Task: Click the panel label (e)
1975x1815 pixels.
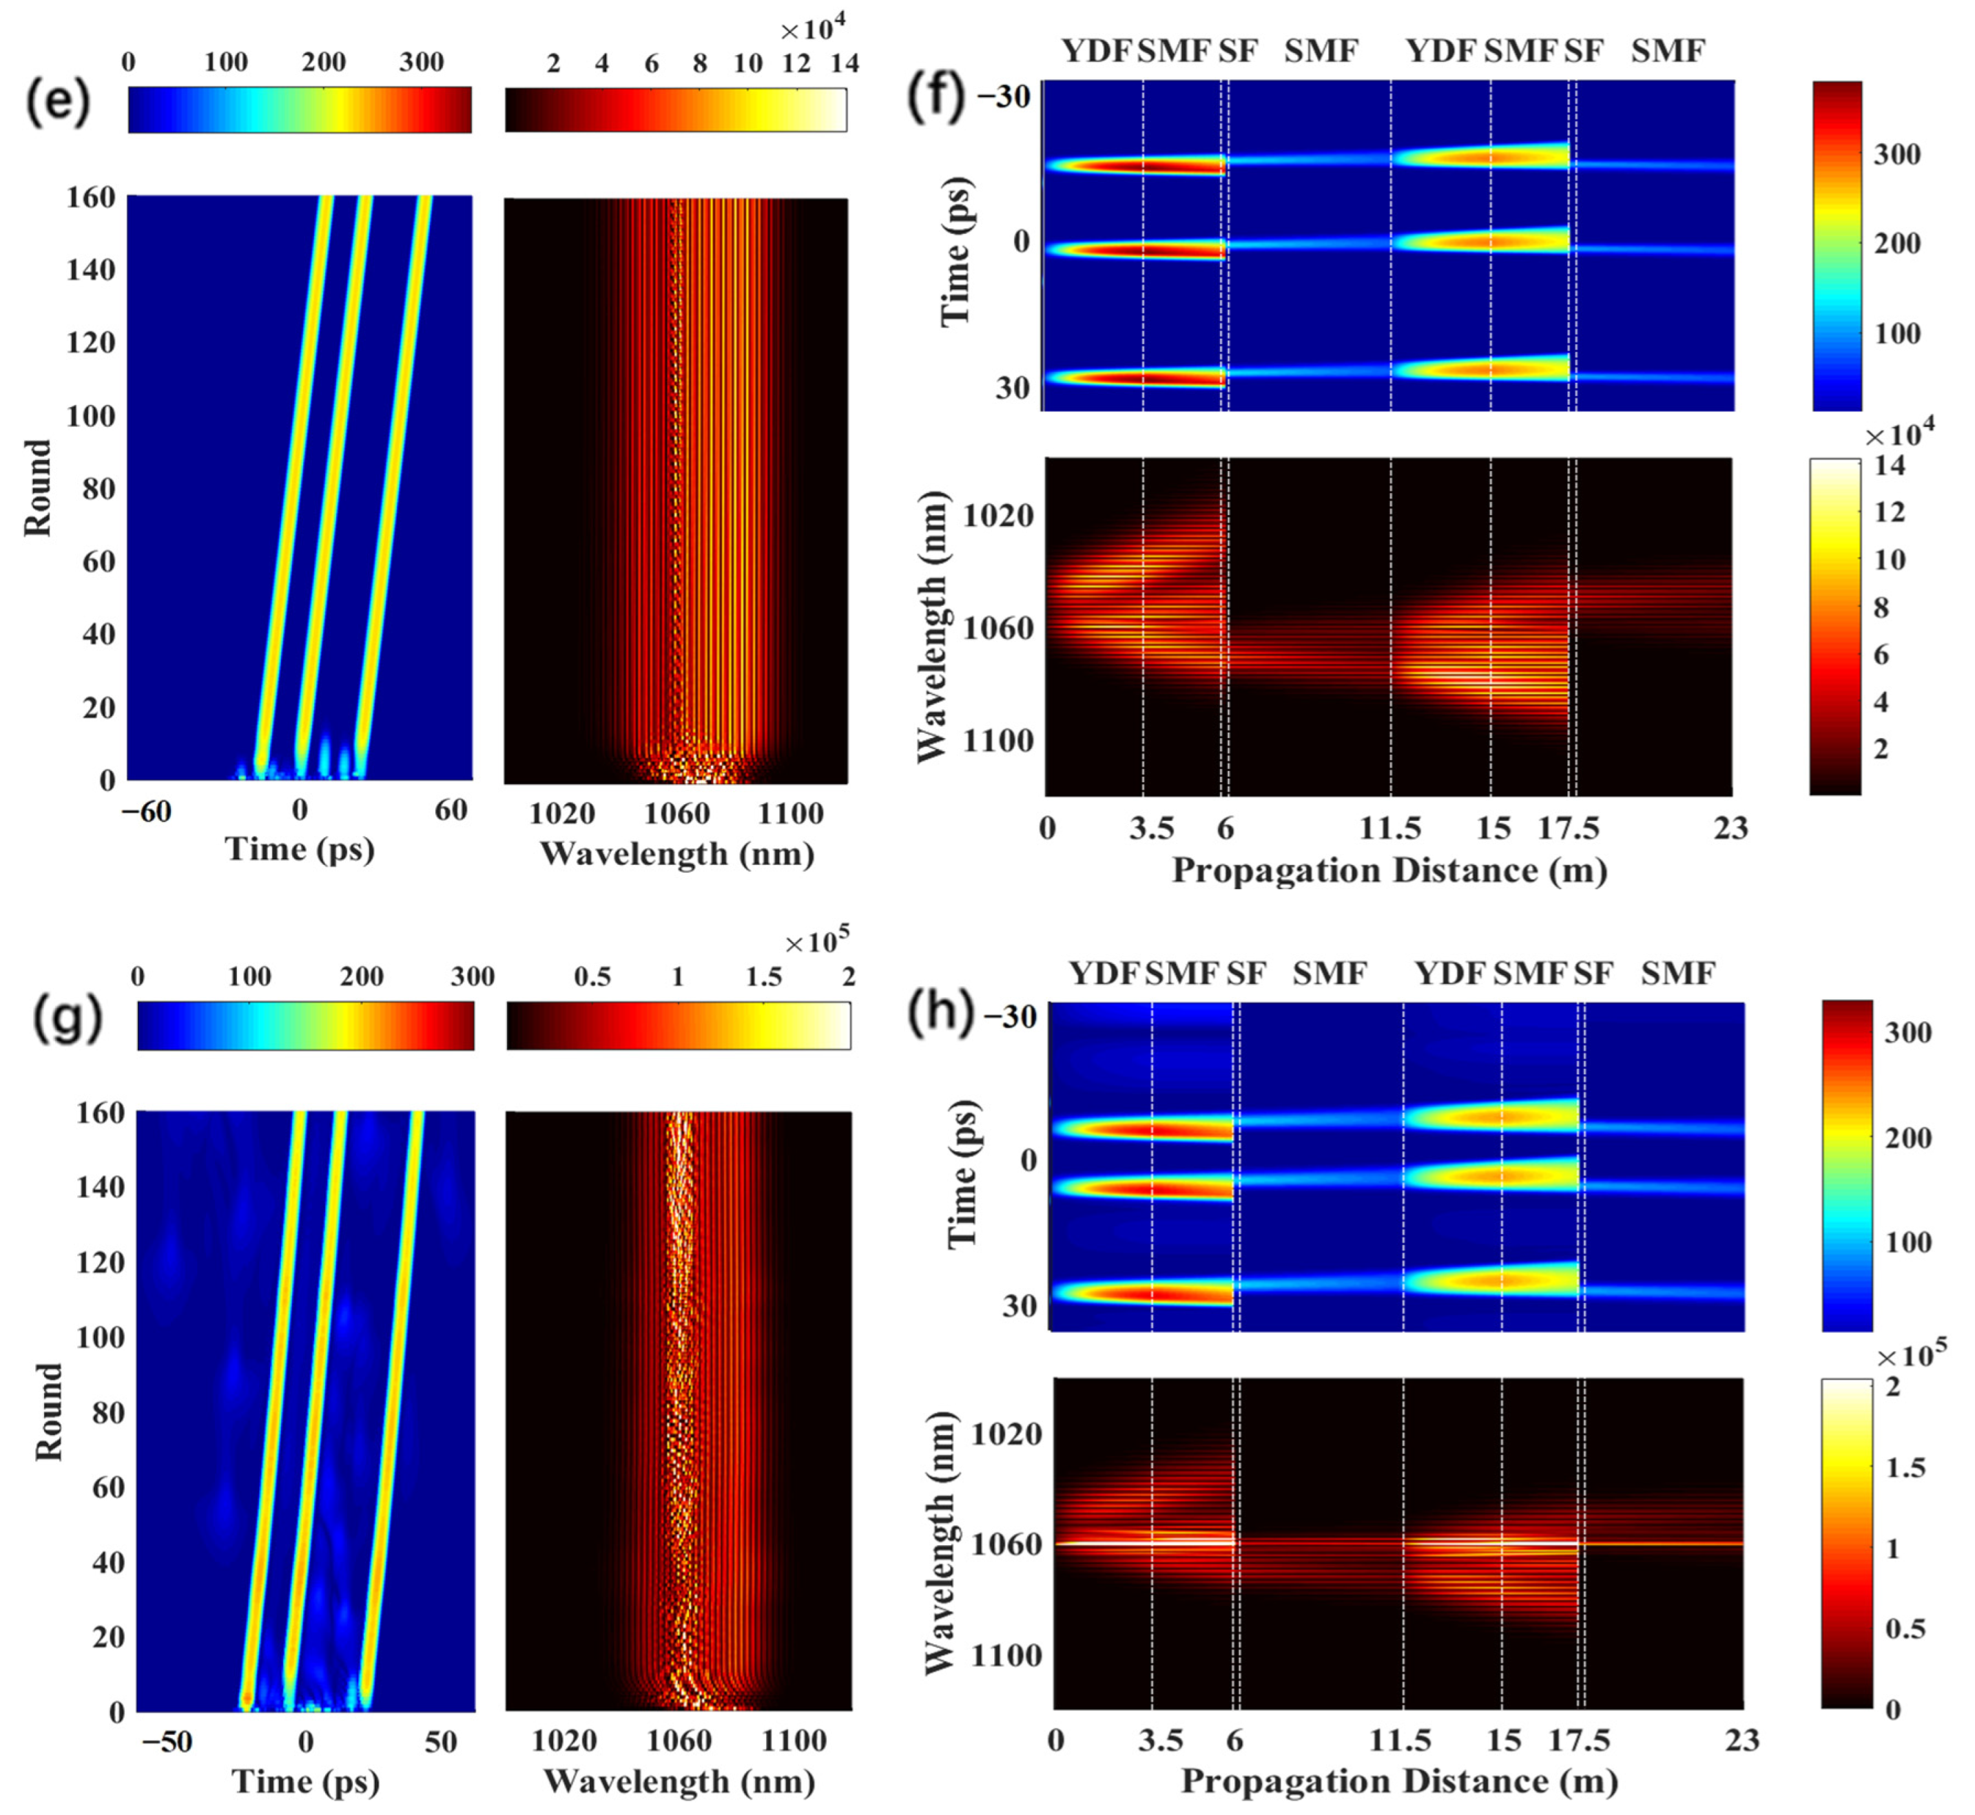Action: click(57, 101)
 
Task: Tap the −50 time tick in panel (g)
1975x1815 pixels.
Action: click(166, 1741)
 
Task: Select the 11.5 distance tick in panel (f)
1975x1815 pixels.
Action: click(1390, 829)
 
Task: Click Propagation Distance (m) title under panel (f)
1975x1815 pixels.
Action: click(1389, 870)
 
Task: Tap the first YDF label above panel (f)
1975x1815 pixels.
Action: click(1097, 51)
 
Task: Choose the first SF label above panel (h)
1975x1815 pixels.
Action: click(1246, 974)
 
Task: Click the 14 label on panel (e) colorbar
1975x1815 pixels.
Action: click(844, 64)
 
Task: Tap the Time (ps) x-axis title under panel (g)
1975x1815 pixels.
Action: click(306, 1782)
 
